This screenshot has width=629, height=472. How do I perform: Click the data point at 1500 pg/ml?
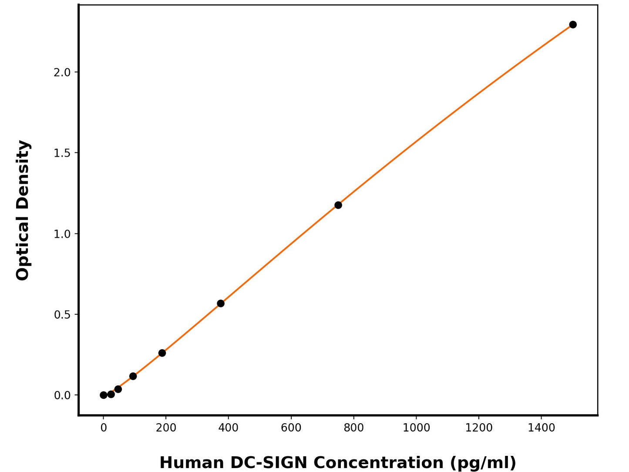coord(573,24)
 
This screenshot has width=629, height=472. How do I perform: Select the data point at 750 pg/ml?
coord(338,205)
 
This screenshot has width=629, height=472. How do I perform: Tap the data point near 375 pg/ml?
coord(221,303)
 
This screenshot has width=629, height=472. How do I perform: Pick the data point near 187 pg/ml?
coord(162,353)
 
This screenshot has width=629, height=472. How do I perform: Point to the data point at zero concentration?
coord(104,395)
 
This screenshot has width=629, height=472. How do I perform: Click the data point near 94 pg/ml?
coord(133,376)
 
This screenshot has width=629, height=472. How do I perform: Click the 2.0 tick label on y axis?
coord(62,72)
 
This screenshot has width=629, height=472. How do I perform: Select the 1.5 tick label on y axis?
coord(62,153)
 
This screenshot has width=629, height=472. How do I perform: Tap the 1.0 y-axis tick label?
coord(62,234)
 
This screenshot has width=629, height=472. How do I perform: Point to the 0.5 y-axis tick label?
coord(62,314)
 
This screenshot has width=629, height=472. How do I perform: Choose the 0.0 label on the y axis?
coord(62,395)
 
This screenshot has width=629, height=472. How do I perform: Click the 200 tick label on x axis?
coord(166,428)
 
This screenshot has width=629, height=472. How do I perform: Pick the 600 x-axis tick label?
coord(291,428)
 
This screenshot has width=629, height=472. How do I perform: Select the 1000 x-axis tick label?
coord(416,428)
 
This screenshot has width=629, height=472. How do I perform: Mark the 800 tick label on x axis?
coord(353,428)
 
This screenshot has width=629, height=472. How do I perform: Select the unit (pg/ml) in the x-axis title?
coord(483,462)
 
